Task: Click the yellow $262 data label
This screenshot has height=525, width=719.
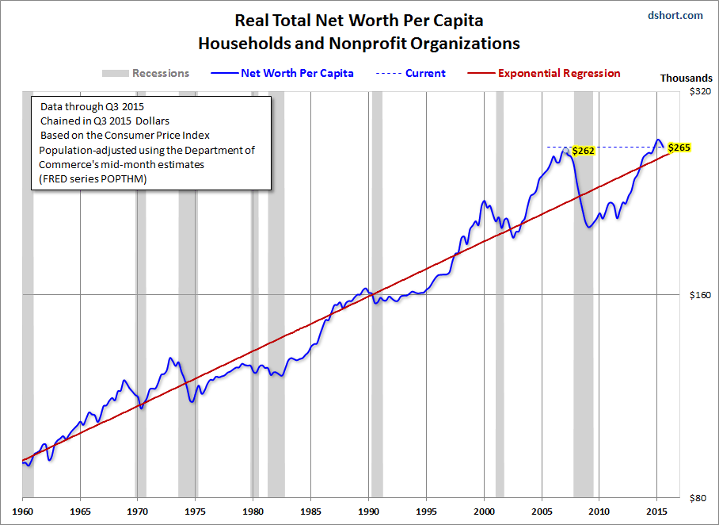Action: coord(583,150)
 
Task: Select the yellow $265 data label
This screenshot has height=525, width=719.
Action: coord(679,148)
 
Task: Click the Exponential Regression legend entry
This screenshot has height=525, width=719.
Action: coord(559,73)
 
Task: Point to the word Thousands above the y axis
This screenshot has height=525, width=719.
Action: coord(686,79)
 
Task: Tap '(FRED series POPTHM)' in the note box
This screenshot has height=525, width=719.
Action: coord(92,179)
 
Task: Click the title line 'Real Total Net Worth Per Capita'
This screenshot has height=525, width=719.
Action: coord(359,21)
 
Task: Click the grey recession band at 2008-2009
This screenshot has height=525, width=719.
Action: coord(584,317)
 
